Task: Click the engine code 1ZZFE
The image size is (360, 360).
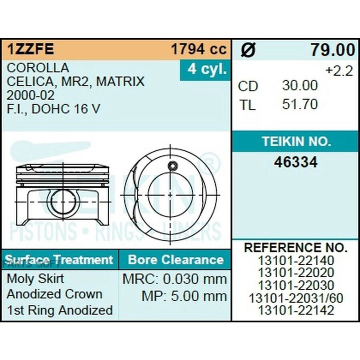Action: pos(30,49)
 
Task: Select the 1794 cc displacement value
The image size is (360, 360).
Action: pos(199,49)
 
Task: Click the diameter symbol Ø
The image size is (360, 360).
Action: pos(248,50)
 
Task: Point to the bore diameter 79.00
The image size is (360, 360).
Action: pos(333,50)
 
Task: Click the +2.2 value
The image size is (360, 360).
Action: pos(339,71)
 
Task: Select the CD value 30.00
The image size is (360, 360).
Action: pos(300,86)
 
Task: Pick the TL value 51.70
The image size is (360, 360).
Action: pos(300,104)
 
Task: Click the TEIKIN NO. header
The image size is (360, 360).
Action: pos(297,141)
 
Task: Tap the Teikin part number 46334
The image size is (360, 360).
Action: pos(296,162)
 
